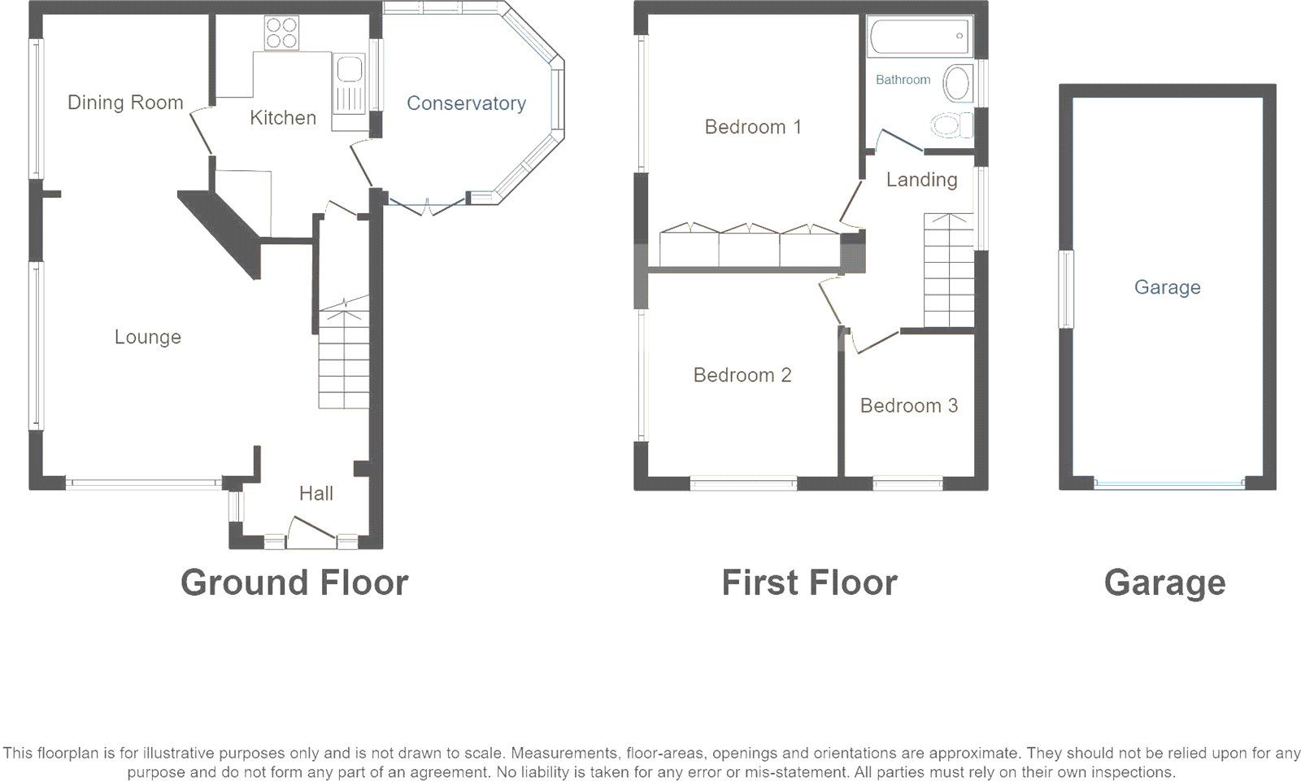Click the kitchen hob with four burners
[x=281, y=33]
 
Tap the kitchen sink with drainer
[x=350, y=82]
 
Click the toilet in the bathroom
[x=951, y=125]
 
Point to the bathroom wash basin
[x=957, y=84]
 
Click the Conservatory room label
[x=466, y=103]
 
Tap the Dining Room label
[x=125, y=103]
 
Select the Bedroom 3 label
[x=908, y=405]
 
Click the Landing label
[x=921, y=180]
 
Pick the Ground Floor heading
[x=294, y=583]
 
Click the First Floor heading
[x=809, y=583]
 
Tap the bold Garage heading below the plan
[x=1164, y=583]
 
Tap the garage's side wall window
[x=1065, y=289]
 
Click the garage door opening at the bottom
[x=1168, y=483]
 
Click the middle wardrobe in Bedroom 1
[x=749, y=246]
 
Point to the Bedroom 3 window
[x=907, y=484]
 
